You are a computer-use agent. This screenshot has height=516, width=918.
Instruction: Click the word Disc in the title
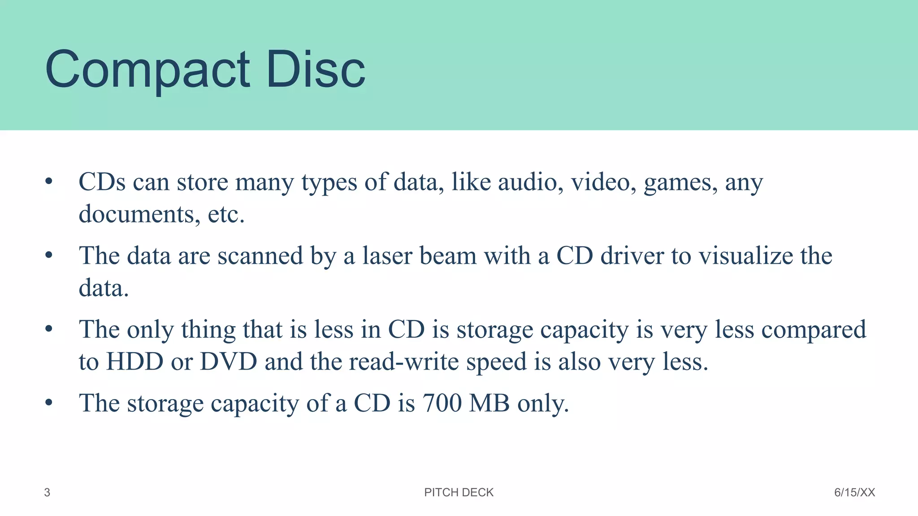click(x=316, y=69)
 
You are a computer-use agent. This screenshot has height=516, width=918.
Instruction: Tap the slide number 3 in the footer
click(x=47, y=493)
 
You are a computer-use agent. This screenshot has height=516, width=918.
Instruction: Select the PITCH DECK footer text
click(x=459, y=493)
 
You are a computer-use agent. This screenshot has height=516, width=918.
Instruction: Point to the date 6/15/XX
click(x=854, y=493)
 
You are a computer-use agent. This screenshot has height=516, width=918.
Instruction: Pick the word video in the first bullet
click(x=603, y=182)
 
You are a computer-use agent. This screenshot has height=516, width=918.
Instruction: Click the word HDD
click(x=134, y=362)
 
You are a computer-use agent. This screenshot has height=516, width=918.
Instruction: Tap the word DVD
click(x=228, y=362)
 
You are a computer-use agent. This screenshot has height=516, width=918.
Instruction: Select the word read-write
click(x=404, y=362)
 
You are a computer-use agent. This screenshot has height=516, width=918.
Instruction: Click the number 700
click(x=442, y=403)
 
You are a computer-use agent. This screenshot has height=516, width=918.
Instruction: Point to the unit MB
click(x=489, y=403)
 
